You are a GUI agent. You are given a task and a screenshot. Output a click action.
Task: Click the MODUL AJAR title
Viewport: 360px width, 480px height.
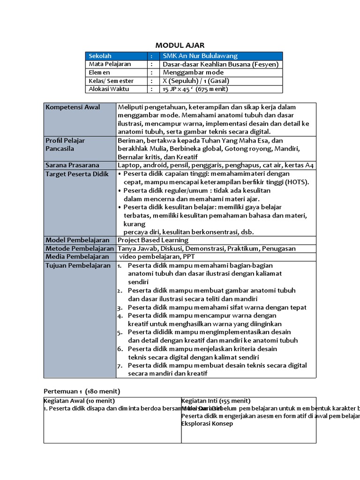coord(180,45)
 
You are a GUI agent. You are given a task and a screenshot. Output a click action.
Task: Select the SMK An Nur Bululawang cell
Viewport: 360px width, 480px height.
coord(200,56)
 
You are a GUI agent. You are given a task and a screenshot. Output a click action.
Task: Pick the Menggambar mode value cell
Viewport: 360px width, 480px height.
coord(193,73)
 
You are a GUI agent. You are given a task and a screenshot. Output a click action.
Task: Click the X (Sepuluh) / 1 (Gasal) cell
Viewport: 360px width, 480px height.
coord(196,81)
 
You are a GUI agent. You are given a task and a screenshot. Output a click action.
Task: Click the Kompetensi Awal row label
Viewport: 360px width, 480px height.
coord(73,107)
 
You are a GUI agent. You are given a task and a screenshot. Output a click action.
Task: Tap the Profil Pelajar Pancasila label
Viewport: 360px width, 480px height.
coord(65,144)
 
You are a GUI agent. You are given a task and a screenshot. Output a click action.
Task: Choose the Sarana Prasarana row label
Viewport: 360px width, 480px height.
coord(72,165)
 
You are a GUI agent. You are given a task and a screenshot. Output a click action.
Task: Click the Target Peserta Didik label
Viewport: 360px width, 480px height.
coord(76,174)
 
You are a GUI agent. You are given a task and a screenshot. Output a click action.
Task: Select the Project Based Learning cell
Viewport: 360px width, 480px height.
coord(152,240)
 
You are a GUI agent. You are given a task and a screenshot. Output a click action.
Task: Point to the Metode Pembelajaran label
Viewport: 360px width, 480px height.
coord(80,248)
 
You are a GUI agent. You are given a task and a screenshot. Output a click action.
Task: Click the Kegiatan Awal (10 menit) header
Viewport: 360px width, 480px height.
coord(80,401)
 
